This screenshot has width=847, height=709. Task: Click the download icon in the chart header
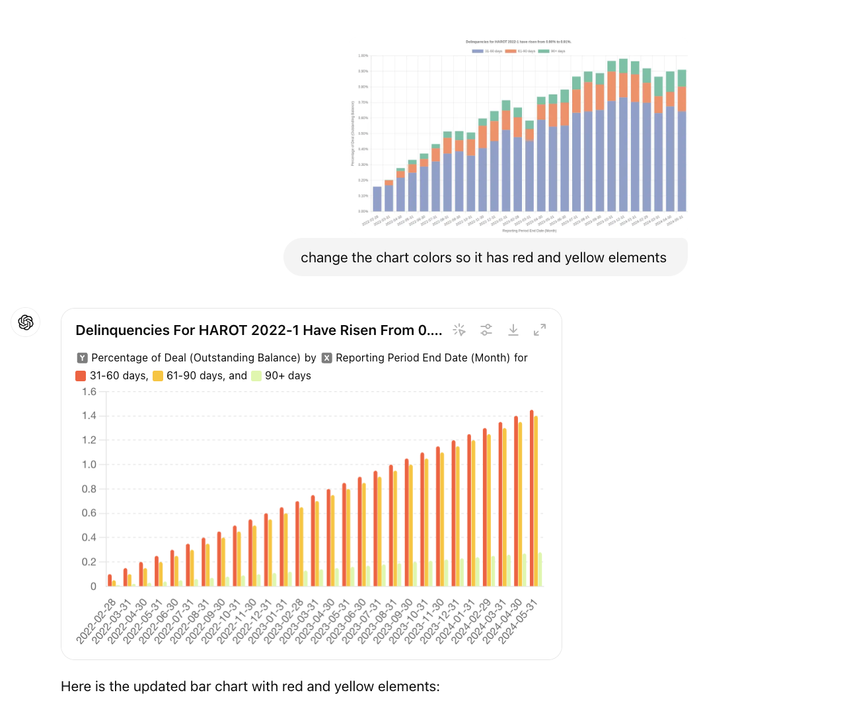(513, 330)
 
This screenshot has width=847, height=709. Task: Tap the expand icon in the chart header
(540, 330)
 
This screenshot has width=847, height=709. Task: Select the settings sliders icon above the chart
(486, 330)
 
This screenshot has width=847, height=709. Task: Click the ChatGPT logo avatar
(26, 322)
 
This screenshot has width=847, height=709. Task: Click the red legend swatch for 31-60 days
(81, 376)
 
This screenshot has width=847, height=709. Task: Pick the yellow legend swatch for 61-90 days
(158, 376)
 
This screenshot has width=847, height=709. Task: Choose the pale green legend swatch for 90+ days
(256, 376)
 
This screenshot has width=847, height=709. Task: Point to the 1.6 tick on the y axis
(89, 392)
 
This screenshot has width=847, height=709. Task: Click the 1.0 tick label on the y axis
(89, 465)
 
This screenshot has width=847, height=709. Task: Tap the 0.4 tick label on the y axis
(89, 537)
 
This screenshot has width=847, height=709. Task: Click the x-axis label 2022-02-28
(96, 620)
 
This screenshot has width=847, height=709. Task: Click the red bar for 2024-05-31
(532, 499)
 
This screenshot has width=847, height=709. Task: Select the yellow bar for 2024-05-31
(536, 502)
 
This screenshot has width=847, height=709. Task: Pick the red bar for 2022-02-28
(110, 580)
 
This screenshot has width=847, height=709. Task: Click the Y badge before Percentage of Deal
(82, 358)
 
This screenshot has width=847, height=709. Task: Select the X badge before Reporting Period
(326, 358)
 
